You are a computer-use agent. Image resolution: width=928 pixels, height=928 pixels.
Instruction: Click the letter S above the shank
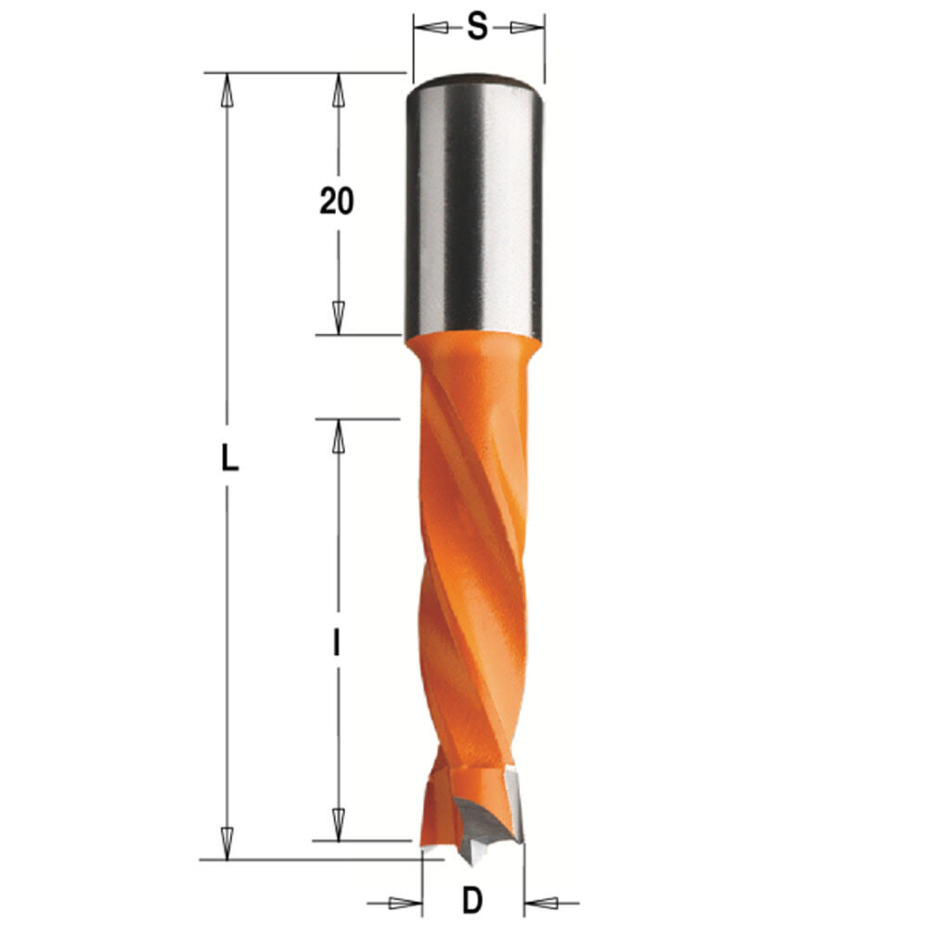click(477, 28)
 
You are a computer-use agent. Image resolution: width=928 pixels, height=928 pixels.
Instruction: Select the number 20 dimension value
click(337, 200)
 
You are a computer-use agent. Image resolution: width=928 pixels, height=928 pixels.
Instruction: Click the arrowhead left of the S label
click(428, 28)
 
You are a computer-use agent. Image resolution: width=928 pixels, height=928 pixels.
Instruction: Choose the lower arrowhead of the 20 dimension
click(339, 317)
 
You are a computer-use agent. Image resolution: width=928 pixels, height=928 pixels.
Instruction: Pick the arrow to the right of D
click(542, 901)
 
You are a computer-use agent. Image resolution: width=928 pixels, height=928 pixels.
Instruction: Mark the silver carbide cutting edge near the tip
click(512, 798)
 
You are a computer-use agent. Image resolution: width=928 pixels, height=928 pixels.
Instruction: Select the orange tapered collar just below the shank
click(473, 351)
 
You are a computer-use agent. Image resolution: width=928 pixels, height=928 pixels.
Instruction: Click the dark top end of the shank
click(473, 81)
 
